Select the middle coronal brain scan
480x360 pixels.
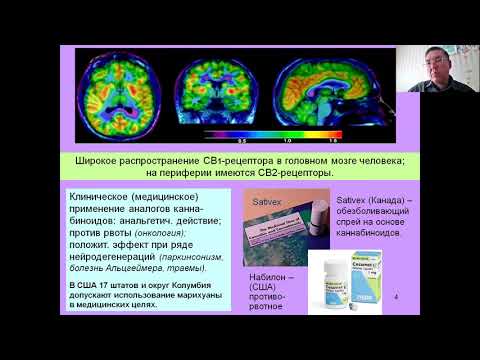tap(207, 91)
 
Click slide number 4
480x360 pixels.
tap(397, 298)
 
